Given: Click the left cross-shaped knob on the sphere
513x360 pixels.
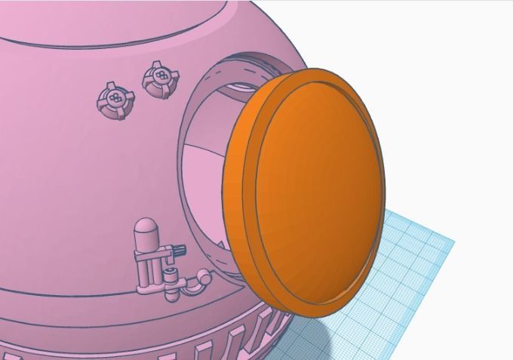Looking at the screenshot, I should (x=115, y=100).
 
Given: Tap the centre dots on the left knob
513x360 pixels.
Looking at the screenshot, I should (x=115, y=99).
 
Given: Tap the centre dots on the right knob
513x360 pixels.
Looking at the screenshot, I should (x=159, y=76).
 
